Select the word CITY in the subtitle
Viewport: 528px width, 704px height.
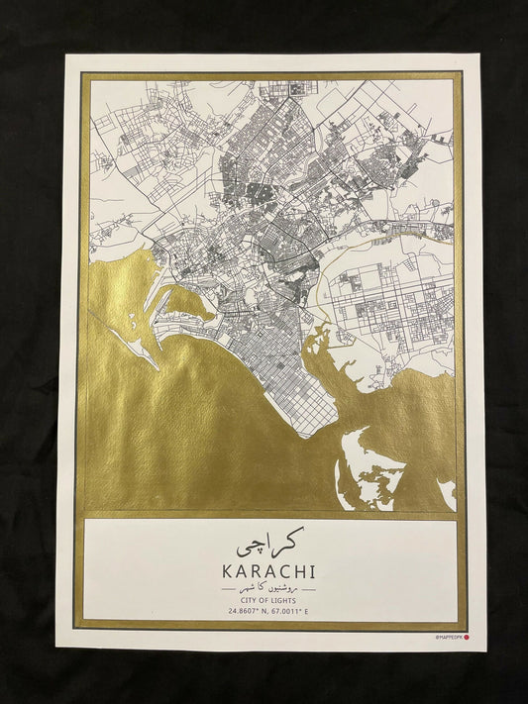click(x=243, y=600)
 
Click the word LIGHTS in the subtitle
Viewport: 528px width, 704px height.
click(x=290, y=600)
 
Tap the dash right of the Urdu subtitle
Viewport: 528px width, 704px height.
click(x=310, y=588)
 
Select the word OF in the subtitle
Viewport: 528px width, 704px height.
click(x=264, y=600)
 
